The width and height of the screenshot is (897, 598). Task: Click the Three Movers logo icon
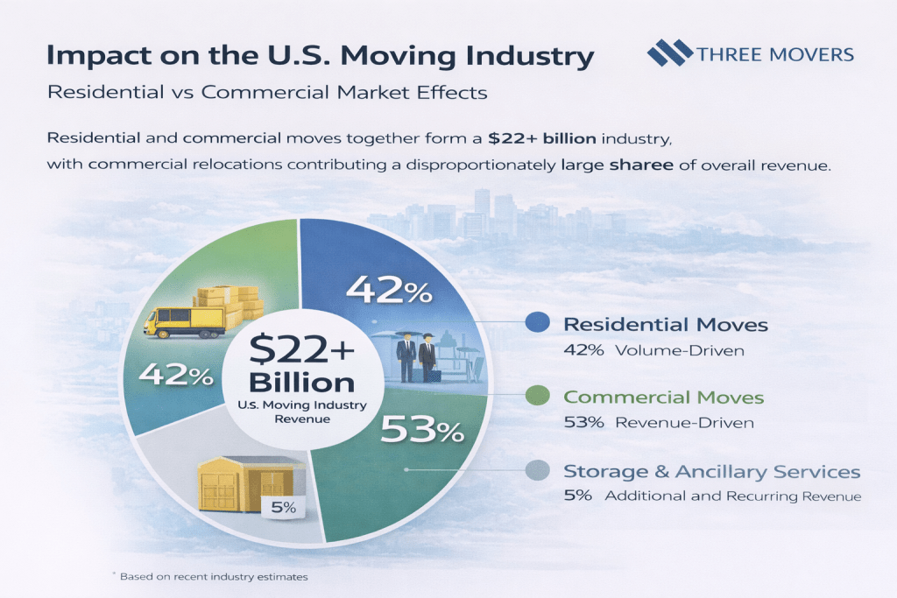pos(669,54)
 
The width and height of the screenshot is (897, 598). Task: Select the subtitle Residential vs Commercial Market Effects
pos(267,92)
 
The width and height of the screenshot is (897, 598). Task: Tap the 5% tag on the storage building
pos(281,507)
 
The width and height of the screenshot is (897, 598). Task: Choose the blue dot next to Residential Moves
pos(535,323)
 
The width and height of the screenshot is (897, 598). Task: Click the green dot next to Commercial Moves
pos(535,397)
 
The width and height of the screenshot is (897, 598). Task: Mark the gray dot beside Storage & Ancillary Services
pos(535,471)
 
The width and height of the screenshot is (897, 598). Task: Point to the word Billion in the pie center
pos(301,383)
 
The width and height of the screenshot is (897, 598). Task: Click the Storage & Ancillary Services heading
pos(711,472)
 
